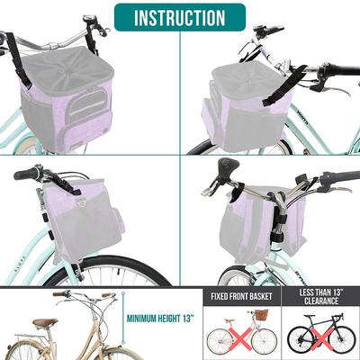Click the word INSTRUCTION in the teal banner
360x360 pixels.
point(180,18)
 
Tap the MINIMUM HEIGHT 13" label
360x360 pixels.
point(161,317)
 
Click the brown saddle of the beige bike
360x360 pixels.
point(44,322)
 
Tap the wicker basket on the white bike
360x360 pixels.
point(261,315)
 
